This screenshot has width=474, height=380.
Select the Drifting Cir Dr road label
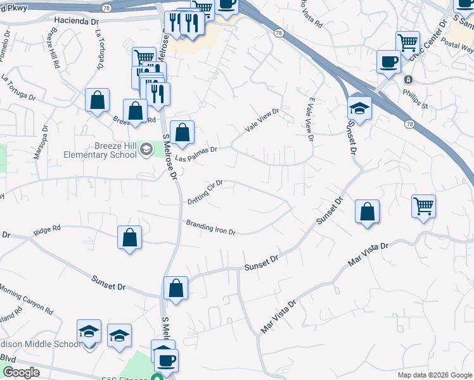pyautogui.click(x=205, y=193)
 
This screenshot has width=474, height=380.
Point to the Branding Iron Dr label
pyautogui.click(x=210, y=227)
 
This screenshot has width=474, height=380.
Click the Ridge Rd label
pyautogui.click(x=47, y=229)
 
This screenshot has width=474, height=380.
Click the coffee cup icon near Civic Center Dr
pyautogui.click(x=388, y=62)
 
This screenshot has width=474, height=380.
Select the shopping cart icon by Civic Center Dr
pyautogui.click(x=407, y=43)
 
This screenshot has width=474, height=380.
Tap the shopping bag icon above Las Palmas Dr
pyautogui.click(x=182, y=132)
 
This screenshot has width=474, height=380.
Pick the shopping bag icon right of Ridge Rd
pyautogui.click(x=129, y=237)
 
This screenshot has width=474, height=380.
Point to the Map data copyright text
pyautogui.click(x=434, y=375)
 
